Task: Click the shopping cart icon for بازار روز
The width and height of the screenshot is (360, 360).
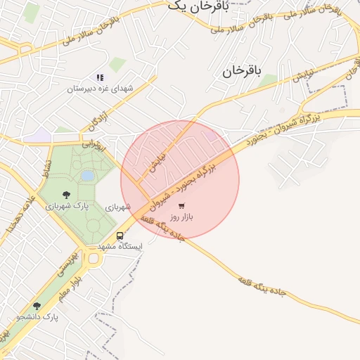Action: [182, 206]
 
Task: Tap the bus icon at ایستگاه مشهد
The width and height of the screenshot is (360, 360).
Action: [120, 236]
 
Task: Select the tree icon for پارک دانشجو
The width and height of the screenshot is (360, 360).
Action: [37, 305]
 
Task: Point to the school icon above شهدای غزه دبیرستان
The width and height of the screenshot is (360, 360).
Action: [100, 77]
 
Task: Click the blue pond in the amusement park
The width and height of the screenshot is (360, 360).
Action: [87, 175]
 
